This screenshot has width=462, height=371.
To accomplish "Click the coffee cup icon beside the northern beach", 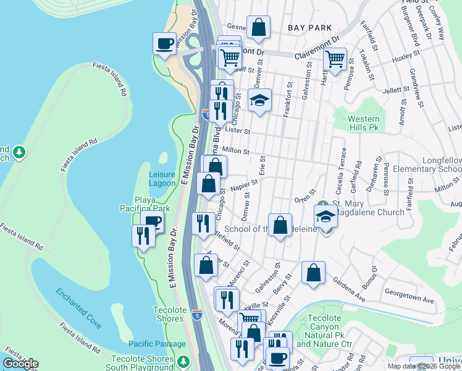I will click(164, 44).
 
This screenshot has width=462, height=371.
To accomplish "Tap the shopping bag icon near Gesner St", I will click(258, 27).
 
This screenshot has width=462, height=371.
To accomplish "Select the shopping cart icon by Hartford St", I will click(334, 60).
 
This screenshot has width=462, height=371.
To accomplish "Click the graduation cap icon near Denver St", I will click(260, 100).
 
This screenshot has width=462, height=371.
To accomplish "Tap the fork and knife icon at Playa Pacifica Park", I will click(143, 236).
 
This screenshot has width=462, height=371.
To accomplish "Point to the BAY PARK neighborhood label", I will click(309, 28).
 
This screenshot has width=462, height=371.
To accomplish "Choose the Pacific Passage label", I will click(157, 344).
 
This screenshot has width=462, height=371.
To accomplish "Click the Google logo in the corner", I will click(20, 364).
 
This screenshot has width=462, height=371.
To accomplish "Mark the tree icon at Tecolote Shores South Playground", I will click(182, 361).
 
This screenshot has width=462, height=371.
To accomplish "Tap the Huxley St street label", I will click(406, 56).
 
